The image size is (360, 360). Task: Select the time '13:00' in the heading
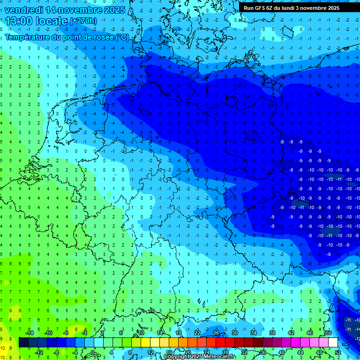22,21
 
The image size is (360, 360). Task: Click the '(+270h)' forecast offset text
83,21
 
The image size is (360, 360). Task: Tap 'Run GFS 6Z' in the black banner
260,8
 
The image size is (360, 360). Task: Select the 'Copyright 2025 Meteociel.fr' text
202,357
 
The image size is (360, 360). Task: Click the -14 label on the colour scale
30,332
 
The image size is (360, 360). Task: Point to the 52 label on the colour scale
338,352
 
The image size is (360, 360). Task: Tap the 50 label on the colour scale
329,332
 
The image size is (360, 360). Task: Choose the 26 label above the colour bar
216,332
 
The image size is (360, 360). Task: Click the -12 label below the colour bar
39,352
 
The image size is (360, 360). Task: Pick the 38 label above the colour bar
272,332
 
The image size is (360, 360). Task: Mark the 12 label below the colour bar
150,352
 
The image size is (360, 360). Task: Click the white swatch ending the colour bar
333,342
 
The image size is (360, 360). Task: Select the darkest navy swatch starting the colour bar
23,342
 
